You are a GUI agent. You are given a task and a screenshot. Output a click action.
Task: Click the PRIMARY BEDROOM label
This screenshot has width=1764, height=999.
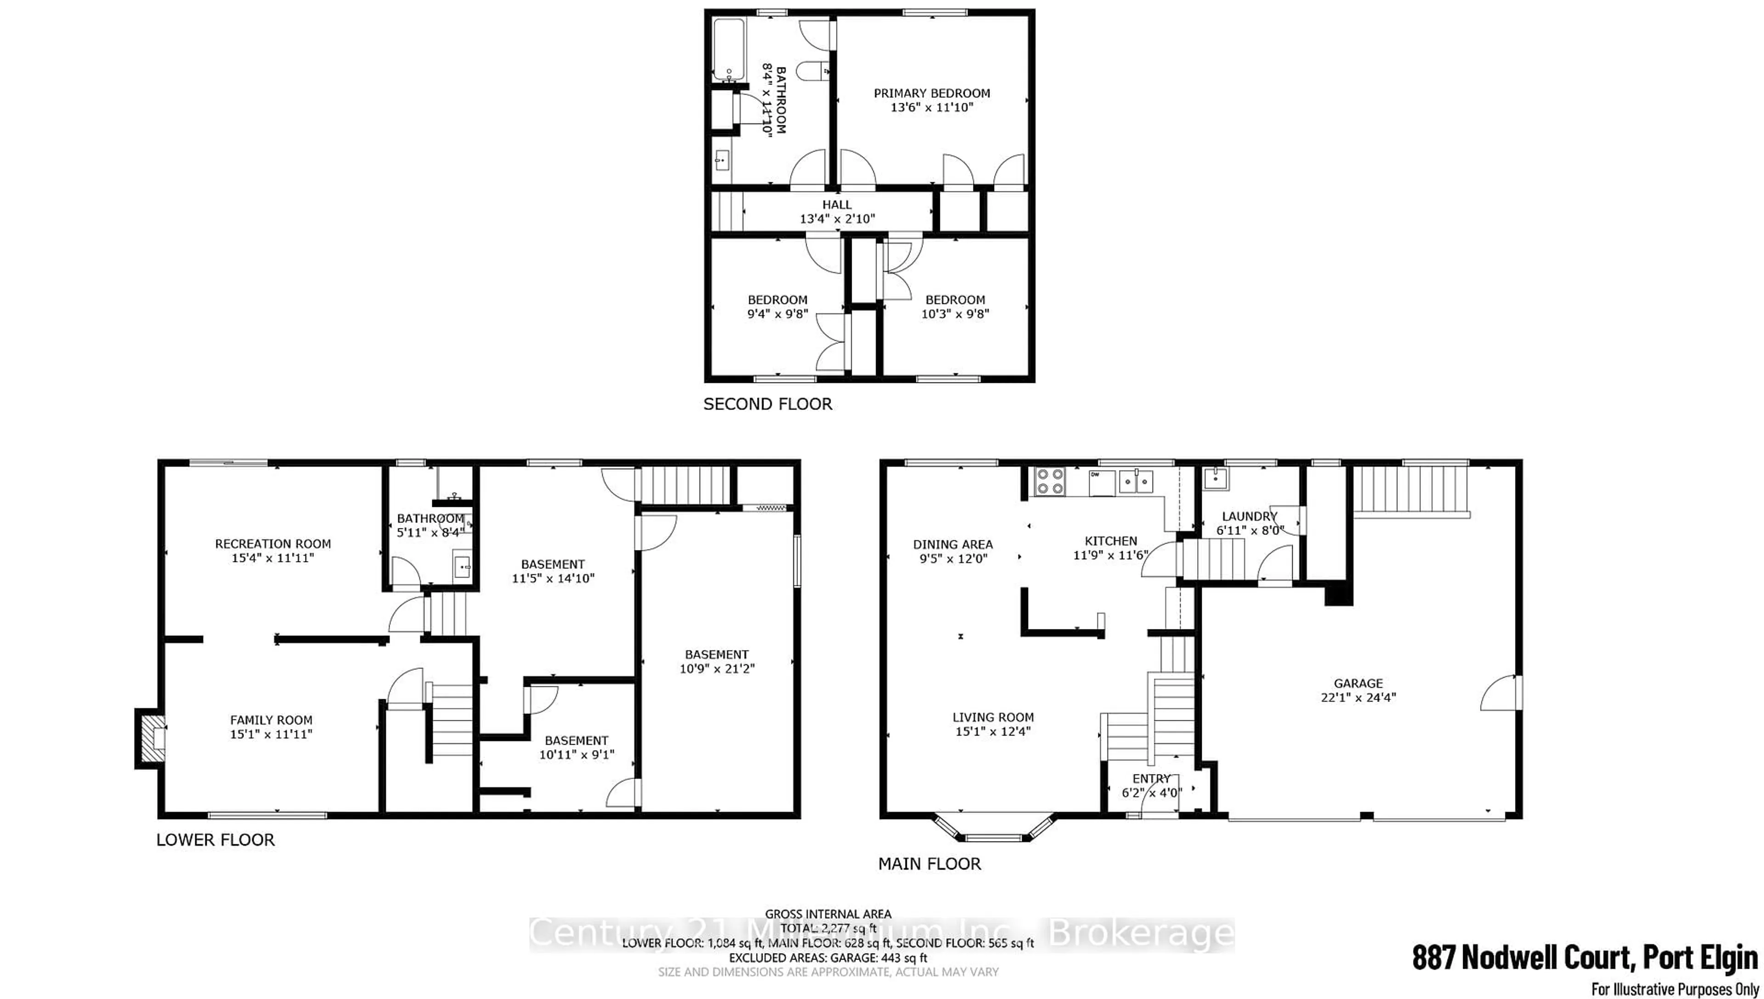(x=932, y=93)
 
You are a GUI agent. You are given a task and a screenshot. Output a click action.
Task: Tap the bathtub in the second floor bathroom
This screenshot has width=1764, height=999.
(x=728, y=50)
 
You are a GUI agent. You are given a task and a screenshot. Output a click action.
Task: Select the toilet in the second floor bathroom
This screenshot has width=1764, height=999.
(x=815, y=71)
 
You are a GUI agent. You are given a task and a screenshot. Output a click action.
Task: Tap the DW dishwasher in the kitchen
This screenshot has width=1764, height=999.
(x=1102, y=483)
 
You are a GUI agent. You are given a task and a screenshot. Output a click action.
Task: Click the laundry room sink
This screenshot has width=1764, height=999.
(x=1216, y=478)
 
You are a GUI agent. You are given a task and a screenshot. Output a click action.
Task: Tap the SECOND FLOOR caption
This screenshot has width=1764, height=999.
(x=767, y=404)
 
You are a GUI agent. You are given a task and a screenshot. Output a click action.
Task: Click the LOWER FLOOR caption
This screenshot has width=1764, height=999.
(x=215, y=840)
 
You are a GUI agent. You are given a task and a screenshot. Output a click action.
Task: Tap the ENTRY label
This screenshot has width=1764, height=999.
(x=1151, y=779)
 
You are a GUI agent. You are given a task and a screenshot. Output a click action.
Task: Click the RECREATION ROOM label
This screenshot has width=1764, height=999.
(x=272, y=544)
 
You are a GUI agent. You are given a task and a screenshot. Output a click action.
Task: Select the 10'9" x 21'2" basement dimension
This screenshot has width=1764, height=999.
(x=717, y=668)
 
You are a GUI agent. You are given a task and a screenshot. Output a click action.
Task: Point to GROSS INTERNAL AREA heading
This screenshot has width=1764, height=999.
(x=828, y=914)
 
